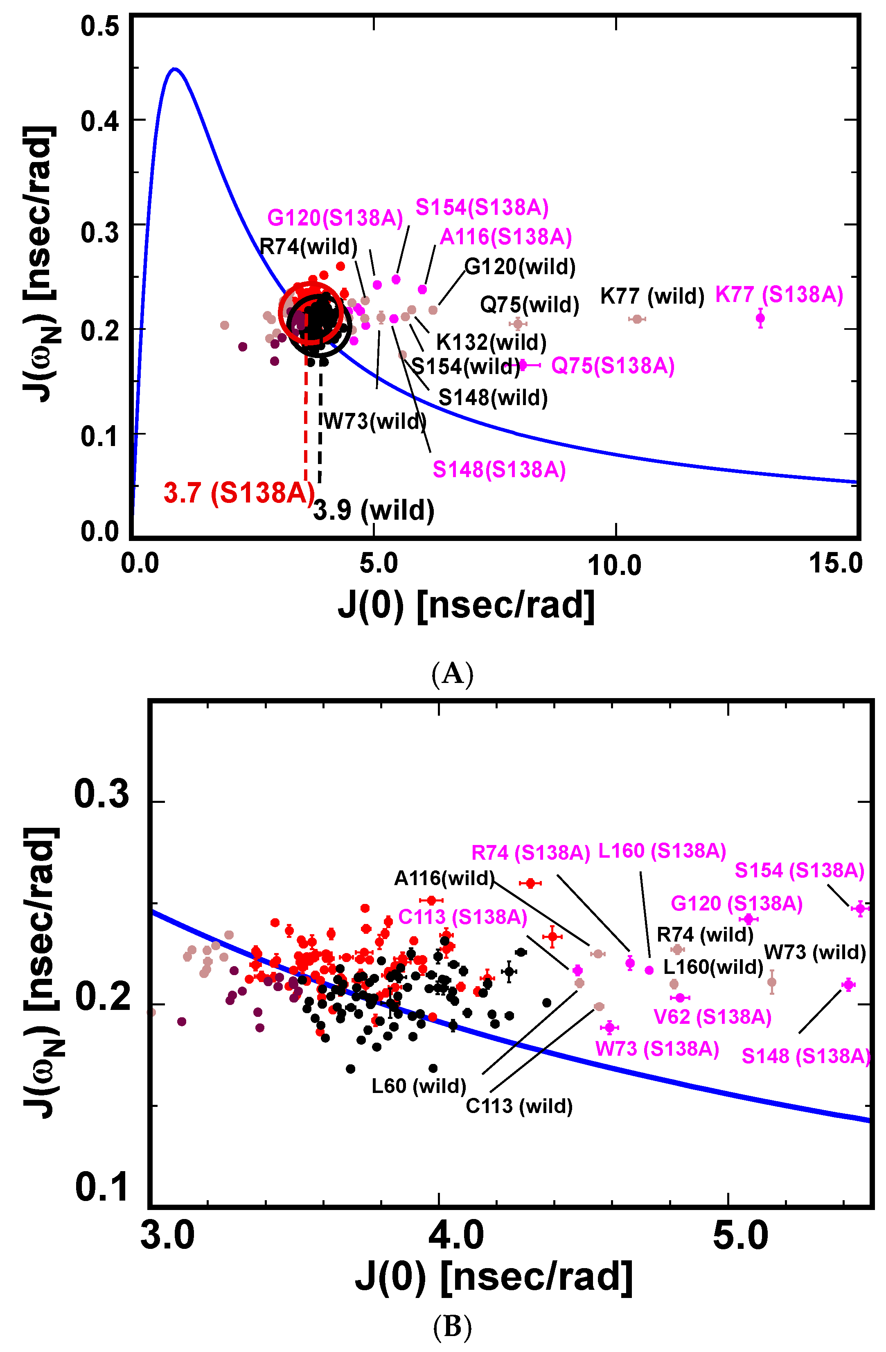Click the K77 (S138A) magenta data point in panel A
pos(760,318)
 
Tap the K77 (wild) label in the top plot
pos(652,296)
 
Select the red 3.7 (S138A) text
pos(239,493)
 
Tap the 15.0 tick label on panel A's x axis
pos(835,564)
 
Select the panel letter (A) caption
pos(452,674)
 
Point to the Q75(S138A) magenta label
pos(613,365)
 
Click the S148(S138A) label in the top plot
pos(499,470)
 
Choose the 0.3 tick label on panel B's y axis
pos(102,794)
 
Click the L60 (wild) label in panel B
pos(419,1086)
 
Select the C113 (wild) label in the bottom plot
pos(519,1106)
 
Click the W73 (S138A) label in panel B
pos(657,1048)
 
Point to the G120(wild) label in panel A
pos(520,266)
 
